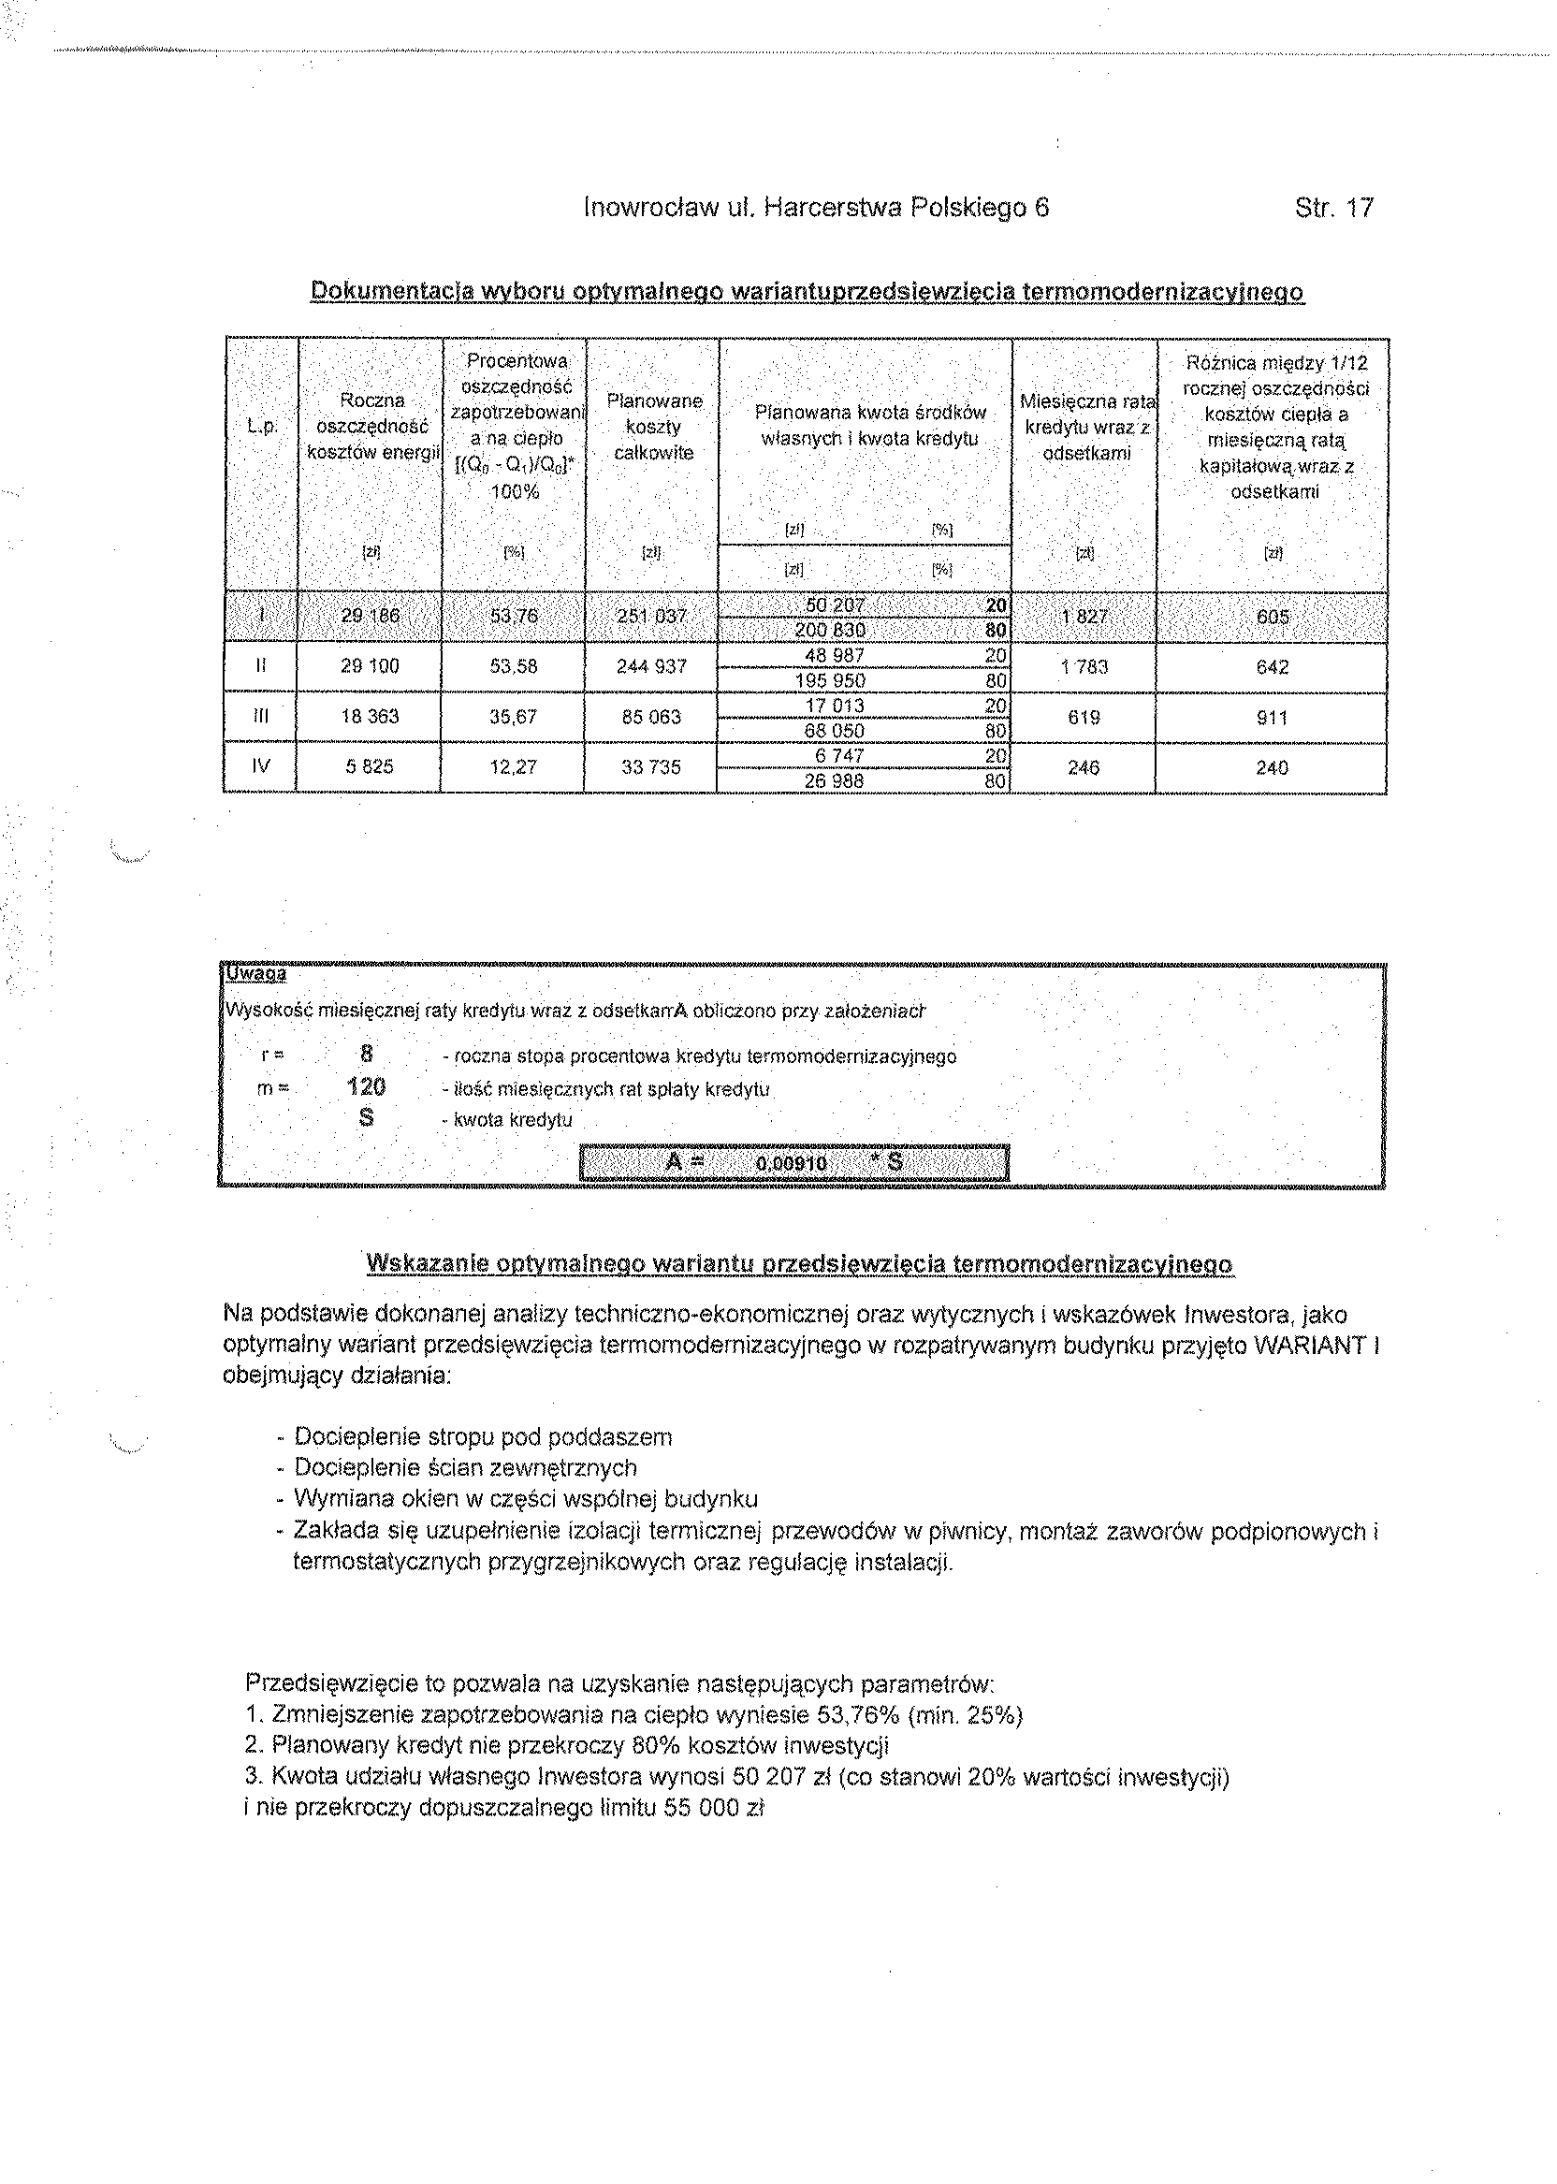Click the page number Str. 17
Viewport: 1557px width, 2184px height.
(x=1333, y=208)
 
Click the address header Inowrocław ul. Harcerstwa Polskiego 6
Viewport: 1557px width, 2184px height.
(x=816, y=208)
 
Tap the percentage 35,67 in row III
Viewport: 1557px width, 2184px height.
(x=513, y=716)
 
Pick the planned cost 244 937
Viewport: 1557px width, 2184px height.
(x=651, y=666)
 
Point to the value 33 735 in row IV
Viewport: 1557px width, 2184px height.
(x=651, y=767)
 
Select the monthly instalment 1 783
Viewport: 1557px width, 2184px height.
(x=1084, y=666)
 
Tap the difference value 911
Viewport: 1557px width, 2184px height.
(x=1272, y=717)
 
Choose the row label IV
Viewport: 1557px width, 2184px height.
(x=260, y=767)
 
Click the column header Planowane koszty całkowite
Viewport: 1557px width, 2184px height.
(x=653, y=427)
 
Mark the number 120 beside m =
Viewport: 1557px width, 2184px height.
(x=366, y=1086)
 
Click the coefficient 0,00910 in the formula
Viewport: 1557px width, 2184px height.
(x=791, y=1163)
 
